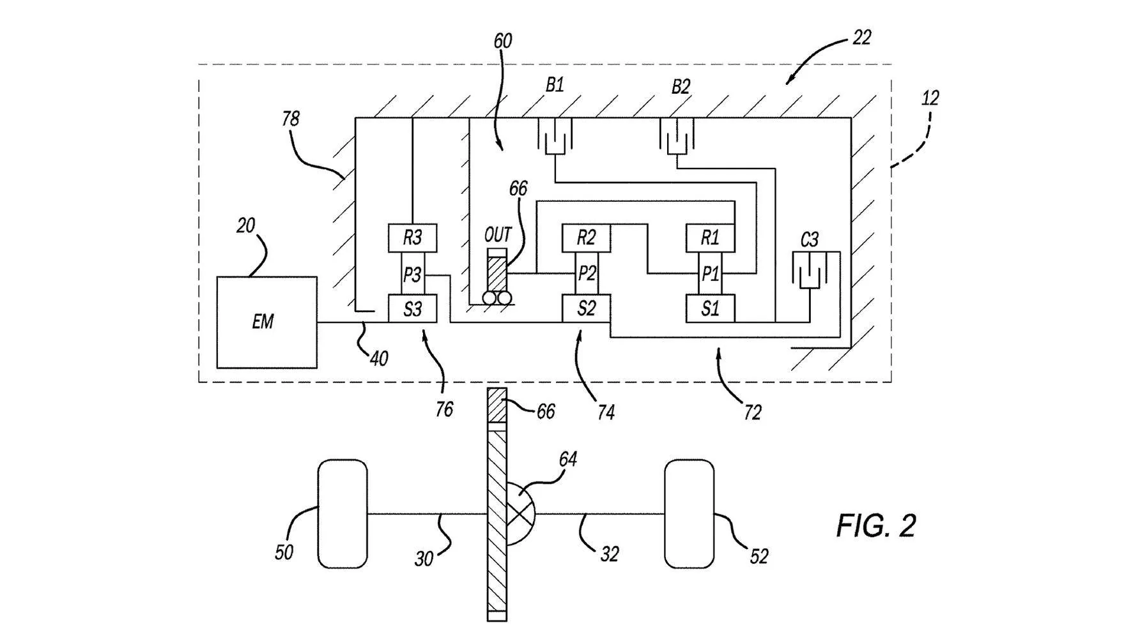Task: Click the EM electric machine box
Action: coord(266,322)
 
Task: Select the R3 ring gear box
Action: coord(413,238)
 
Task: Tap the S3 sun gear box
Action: coord(413,309)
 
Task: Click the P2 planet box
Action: coord(587,273)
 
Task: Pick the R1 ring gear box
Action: coord(710,238)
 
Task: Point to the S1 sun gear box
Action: coord(710,309)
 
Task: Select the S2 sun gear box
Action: coord(587,309)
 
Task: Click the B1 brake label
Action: coord(554,86)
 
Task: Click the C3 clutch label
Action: coord(809,240)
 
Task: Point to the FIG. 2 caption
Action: coord(875,525)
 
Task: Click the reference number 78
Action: coord(290,119)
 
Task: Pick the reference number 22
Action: coord(861,38)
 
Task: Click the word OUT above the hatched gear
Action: coord(498,235)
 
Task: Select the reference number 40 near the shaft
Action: coord(379,359)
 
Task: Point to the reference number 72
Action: coord(752,413)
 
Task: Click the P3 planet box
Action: coord(412,275)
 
